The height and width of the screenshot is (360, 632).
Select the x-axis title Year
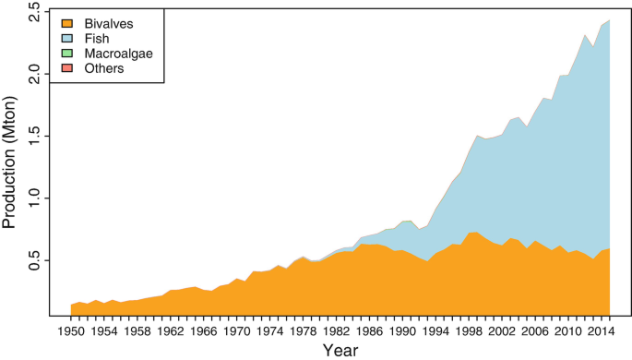pos(340,349)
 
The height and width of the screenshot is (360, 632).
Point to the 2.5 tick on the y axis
pos(34,12)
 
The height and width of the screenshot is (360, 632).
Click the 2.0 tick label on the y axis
pos(34,73)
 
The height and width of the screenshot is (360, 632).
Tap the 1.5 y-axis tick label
pos(34,136)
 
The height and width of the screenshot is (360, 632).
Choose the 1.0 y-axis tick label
pos(34,198)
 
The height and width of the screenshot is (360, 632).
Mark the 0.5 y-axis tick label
pos(34,261)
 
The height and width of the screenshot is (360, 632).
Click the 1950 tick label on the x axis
pos(71,330)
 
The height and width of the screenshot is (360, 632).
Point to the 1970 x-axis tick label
pos(237,330)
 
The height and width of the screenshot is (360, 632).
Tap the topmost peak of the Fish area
pos(609,20)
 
